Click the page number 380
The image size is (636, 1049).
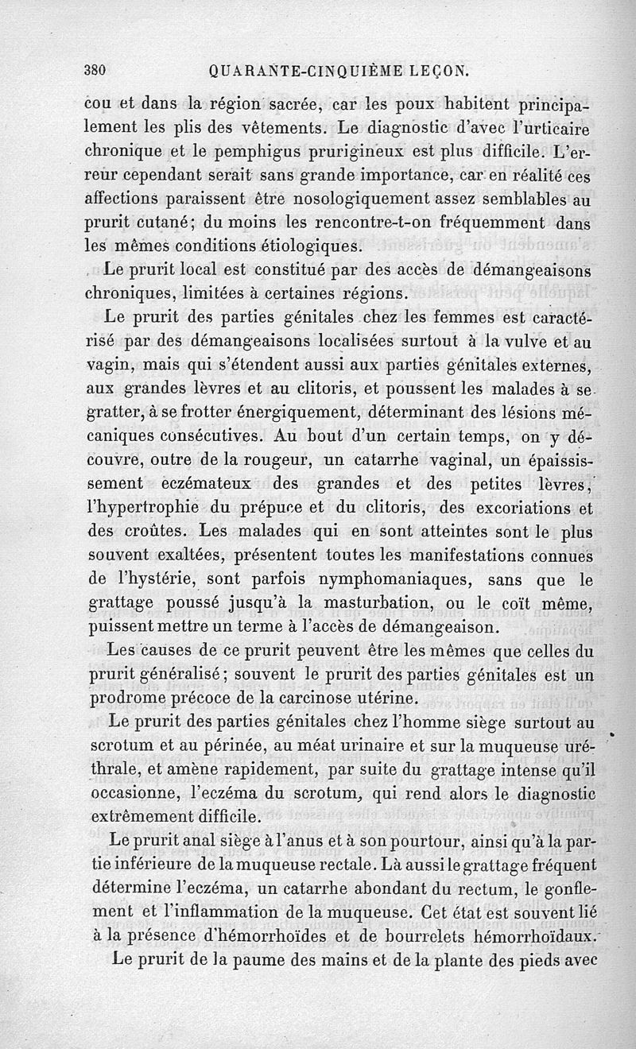pyautogui.click(x=95, y=69)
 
